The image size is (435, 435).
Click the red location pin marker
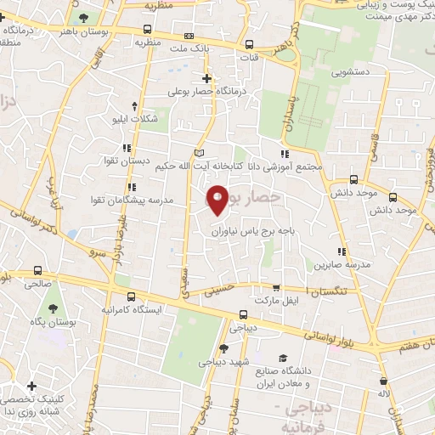(218, 198)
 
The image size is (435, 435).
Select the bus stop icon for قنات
(249, 45)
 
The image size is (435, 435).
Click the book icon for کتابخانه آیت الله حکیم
(201, 153)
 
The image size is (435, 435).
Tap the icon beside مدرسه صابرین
(342, 251)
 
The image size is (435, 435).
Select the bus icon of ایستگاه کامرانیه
(130, 297)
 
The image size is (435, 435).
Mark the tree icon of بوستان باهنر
(82, 18)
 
